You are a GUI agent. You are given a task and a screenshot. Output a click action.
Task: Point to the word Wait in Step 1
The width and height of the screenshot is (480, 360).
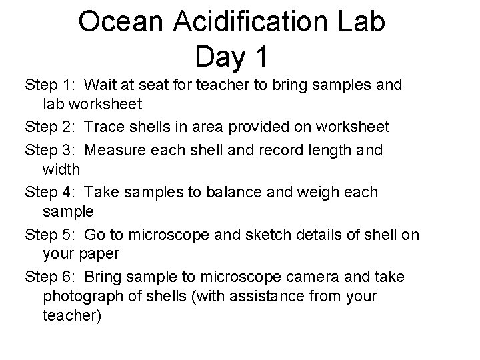click(x=101, y=85)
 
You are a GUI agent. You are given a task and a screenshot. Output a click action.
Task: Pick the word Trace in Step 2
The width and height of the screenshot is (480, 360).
click(x=106, y=127)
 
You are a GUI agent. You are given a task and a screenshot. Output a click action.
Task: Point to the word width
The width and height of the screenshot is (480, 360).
click(x=61, y=170)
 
